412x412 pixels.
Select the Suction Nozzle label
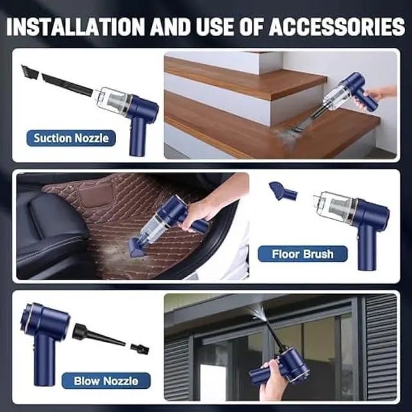click(71, 138)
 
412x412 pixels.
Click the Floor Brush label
click(303, 254)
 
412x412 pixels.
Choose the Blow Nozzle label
click(106, 380)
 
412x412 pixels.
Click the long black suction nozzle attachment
click(68, 85)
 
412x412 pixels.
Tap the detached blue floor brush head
click(283, 191)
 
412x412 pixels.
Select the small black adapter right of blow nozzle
click(140, 348)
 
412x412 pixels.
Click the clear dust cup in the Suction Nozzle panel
click(111, 100)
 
